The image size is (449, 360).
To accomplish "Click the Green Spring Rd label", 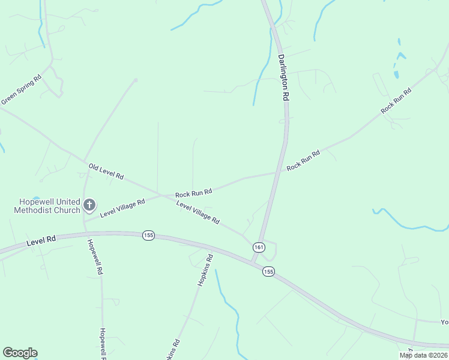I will click(x=21, y=89).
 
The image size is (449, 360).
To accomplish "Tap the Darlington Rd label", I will click(x=284, y=78).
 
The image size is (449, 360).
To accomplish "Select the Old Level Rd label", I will click(x=106, y=172).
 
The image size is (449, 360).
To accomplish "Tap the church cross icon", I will click(x=89, y=206).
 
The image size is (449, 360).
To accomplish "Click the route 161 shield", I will click(x=258, y=247).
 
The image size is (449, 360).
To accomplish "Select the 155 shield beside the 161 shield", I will click(x=268, y=272).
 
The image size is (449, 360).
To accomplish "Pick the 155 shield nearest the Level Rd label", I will click(x=149, y=235).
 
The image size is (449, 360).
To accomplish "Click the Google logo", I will click(x=20, y=353).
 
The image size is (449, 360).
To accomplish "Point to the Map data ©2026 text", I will click(x=423, y=355).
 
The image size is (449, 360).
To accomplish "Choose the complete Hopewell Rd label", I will click(x=95, y=257).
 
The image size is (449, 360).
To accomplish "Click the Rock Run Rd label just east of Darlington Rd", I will click(x=303, y=160).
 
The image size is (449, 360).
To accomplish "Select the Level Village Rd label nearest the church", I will click(x=122, y=208).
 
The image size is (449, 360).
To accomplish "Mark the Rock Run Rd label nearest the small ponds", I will click(x=396, y=101).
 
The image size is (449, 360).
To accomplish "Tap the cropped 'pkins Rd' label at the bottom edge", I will click(x=174, y=350).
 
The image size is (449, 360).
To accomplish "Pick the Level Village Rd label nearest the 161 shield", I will click(x=197, y=212).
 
